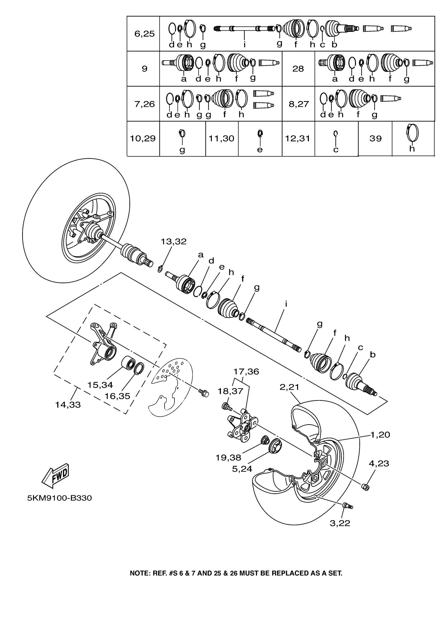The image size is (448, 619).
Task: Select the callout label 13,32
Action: (x=173, y=242)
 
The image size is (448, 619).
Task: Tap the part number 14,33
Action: (x=68, y=405)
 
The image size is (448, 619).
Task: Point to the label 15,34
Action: (x=100, y=385)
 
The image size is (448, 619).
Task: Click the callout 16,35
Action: (x=118, y=396)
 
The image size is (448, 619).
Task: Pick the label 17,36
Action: (x=246, y=372)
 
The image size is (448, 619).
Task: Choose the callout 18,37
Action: (x=230, y=391)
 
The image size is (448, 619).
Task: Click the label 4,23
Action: (x=379, y=463)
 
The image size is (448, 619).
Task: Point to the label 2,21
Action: (x=289, y=387)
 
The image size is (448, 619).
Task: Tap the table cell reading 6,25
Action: (x=144, y=34)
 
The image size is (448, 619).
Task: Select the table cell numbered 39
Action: (x=375, y=139)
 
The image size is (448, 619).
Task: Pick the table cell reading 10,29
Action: (x=143, y=139)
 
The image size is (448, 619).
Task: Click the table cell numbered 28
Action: (x=298, y=69)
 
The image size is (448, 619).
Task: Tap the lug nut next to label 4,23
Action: (x=365, y=487)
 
